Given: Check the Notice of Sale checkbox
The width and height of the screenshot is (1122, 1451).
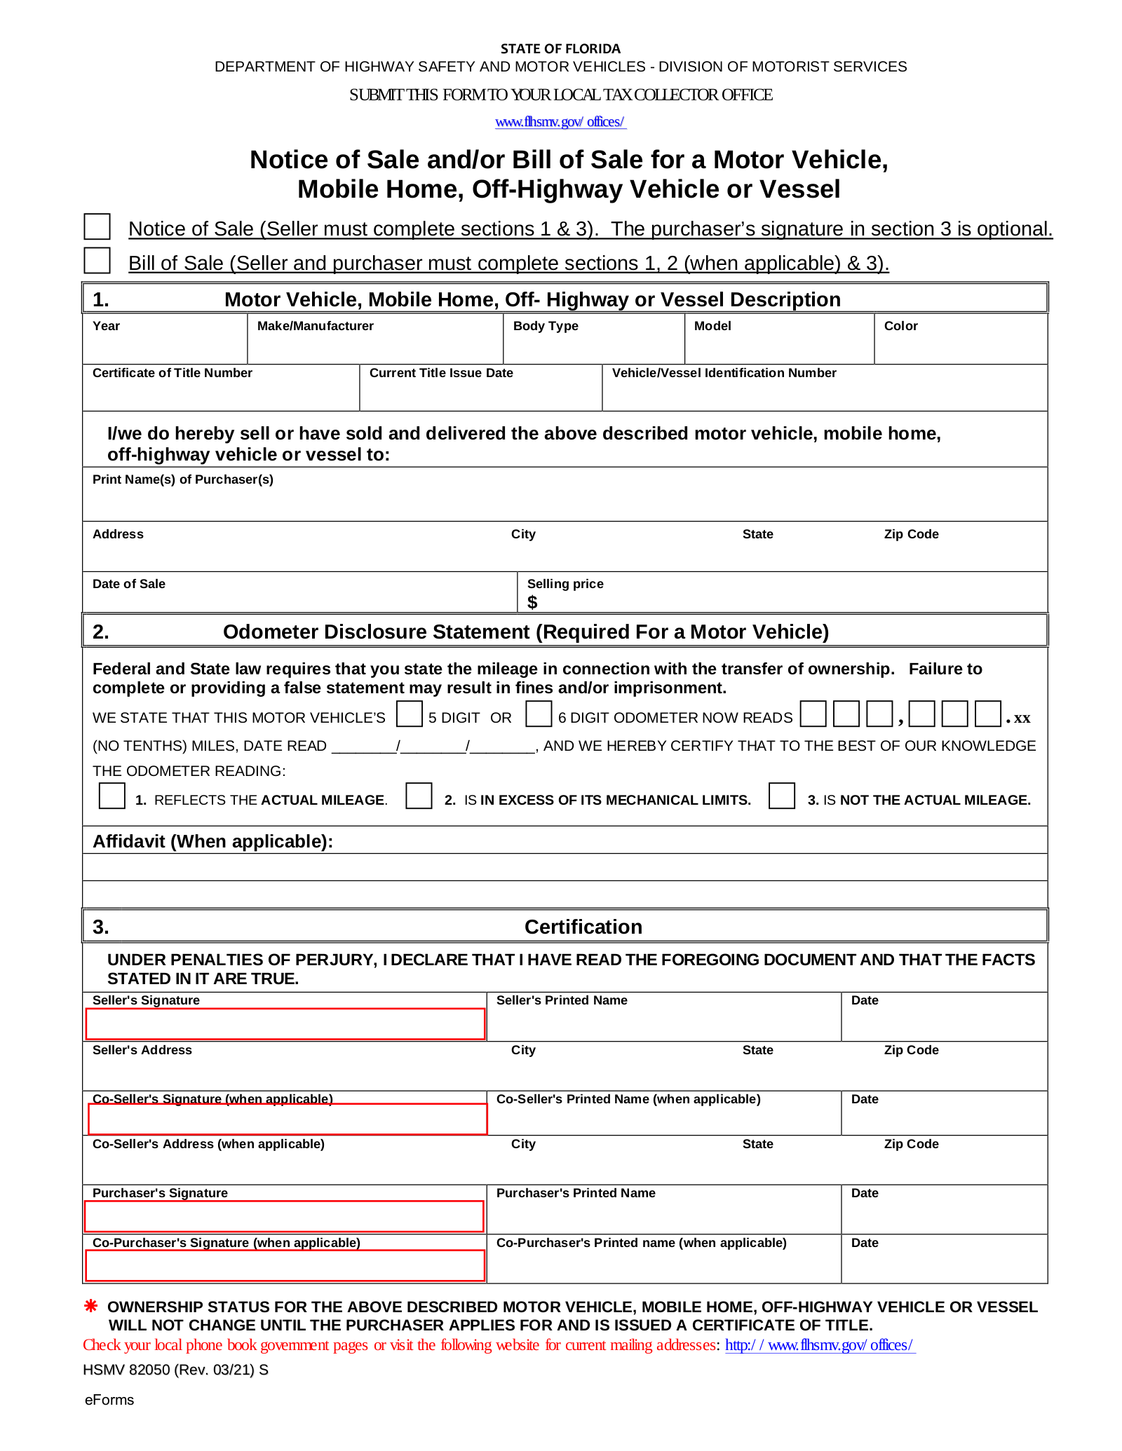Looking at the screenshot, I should point(97,226).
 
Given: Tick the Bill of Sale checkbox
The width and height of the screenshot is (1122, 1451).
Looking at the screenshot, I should point(97,260).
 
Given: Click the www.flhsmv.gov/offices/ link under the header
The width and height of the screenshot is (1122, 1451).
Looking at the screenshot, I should point(560,122).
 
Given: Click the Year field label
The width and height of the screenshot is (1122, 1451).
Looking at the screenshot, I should point(106,326).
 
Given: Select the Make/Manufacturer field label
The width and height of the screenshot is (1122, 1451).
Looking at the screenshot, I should point(315,326).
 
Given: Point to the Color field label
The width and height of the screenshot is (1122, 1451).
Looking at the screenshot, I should point(900,326).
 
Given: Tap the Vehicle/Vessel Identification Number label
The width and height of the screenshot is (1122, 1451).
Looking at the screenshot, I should point(724,373).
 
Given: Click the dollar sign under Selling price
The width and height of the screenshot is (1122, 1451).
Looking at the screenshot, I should point(532,602).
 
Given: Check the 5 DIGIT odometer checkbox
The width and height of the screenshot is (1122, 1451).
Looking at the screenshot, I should point(410,714).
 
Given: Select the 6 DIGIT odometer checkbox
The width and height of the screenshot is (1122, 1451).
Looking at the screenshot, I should point(539,714).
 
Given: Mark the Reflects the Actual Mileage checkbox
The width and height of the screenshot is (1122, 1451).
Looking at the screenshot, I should point(112,796).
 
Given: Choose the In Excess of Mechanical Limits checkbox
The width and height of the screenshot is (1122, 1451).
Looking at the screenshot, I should point(419,796).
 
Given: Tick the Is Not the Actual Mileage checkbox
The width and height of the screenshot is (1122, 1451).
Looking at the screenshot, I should point(782,796).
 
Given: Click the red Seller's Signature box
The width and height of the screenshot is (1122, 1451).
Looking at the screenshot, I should point(285,1024).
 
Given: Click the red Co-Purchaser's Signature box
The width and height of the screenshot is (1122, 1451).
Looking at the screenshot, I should point(285,1266).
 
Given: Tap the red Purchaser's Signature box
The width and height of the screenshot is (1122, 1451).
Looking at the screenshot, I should point(284,1216).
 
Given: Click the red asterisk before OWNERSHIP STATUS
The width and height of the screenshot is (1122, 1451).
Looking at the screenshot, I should point(91,1306).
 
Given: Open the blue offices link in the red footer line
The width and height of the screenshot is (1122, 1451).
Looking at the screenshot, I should point(819,1345).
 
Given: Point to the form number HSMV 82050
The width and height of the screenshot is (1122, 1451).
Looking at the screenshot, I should point(175,1370).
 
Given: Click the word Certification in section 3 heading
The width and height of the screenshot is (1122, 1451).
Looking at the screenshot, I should point(583,927).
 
